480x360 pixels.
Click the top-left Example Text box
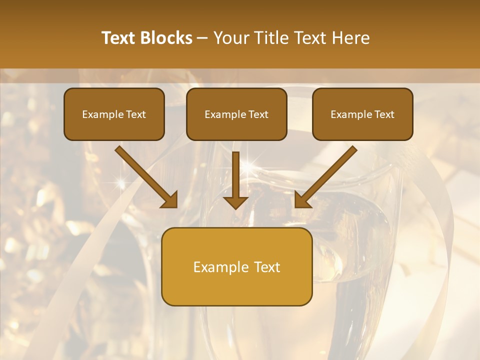click(x=114, y=114)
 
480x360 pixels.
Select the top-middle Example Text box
click(x=236, y=114)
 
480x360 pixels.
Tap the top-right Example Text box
click(x=362, y=114)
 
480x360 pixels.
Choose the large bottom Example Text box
click(x=236, y=266)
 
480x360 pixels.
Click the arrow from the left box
click(x=145, y=176)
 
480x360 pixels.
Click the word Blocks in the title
click(x=167, y=38)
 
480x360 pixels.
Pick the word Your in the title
click(x=231, y=38)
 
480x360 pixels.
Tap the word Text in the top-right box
click(x=384, y=114)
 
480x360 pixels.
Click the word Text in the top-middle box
click(x=258, y=114)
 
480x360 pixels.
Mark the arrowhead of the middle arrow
click(x=235, y=201)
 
